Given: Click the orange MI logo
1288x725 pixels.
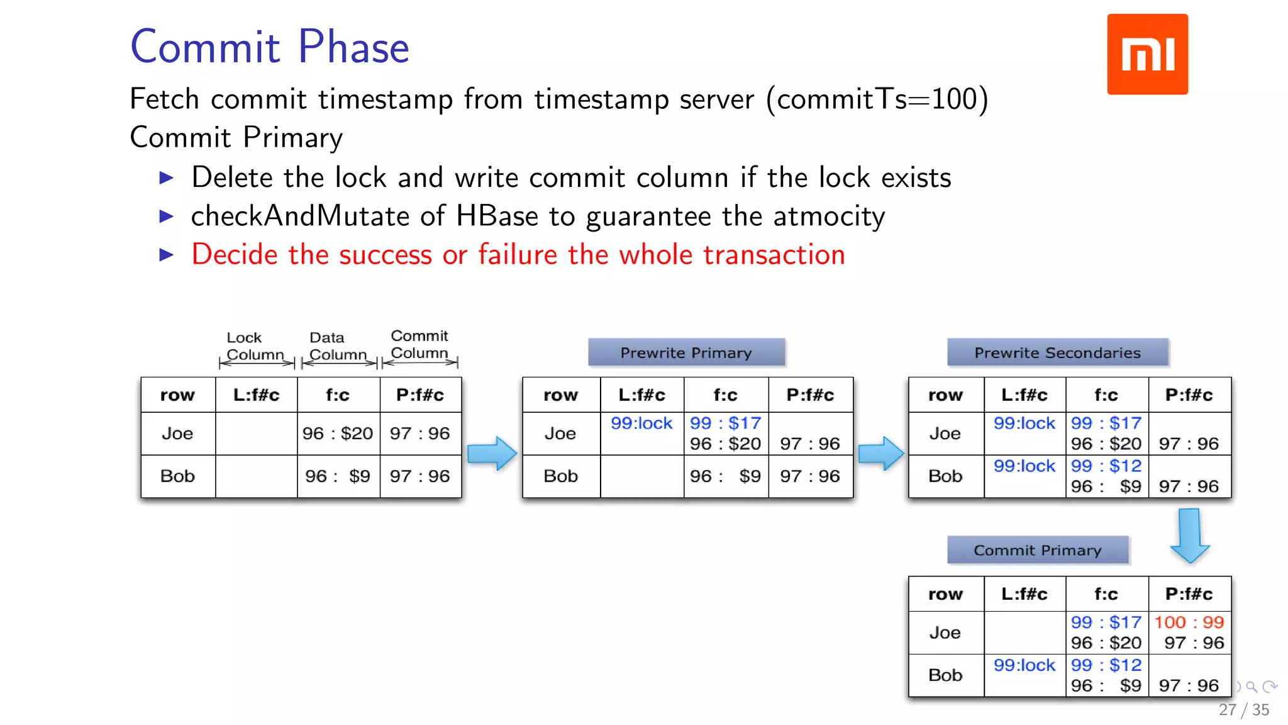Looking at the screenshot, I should coord(1147,54).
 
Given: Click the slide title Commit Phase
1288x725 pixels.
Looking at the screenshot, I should coord(270,47).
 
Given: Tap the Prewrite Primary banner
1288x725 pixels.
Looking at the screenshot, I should coord(686,352).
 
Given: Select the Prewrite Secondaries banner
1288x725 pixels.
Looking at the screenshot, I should coord(1057,352).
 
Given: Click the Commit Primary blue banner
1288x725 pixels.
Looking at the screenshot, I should coord(1037,550).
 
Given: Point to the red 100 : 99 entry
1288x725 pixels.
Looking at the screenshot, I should coord(1189,622).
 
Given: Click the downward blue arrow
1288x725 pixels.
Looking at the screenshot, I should coord(1189,535).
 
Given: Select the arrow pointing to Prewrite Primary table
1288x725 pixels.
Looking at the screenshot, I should coord(492,453).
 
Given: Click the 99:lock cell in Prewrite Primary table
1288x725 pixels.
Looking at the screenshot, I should coord(641,423).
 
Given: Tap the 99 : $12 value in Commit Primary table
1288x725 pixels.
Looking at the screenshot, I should coord(1106,665).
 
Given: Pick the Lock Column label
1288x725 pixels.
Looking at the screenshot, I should coord(255,346).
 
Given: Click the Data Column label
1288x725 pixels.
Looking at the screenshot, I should coord(338,346).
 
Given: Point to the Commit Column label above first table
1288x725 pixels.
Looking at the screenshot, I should coord(419,344).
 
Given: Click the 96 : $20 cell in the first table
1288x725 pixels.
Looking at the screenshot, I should coord(338,433).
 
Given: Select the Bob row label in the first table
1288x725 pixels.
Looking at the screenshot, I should coord(177,476).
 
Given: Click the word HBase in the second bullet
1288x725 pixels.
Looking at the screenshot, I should coord(497,216).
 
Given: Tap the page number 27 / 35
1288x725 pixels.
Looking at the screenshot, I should coord(1243,710).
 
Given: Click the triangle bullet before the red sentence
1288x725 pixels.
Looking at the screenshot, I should coord(167,255).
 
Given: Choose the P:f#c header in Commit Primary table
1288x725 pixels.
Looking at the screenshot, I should coord(1189,593).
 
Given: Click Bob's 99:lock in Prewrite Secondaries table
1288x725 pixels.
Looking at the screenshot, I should coord(1024,466).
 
